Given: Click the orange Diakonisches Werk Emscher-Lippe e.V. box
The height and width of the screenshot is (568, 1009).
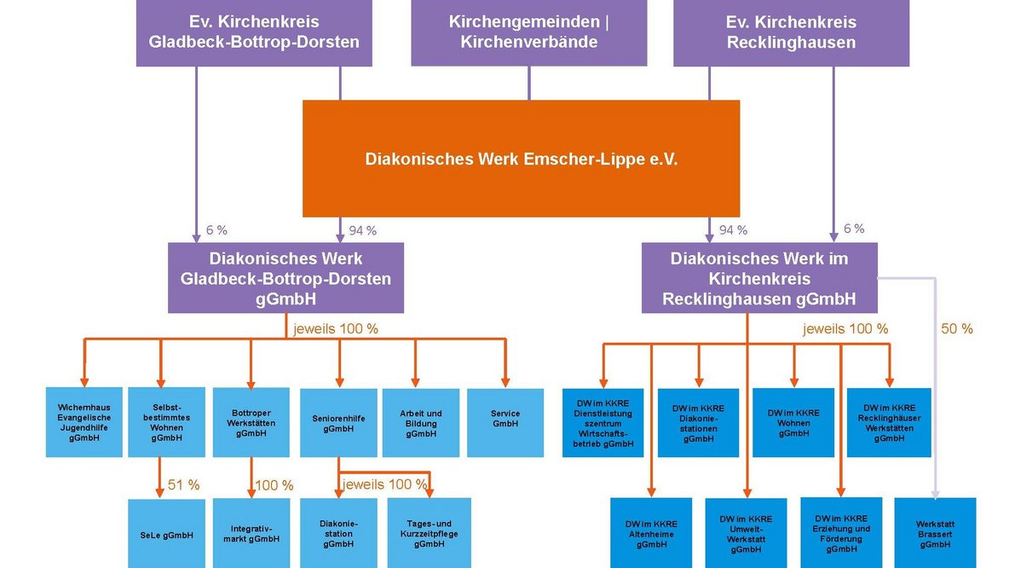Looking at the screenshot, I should coord(521,159).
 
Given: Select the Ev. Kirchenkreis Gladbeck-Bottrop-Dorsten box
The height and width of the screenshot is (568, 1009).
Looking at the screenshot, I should coord(254,32).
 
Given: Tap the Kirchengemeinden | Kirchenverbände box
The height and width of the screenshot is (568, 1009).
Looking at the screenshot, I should coord(528,32).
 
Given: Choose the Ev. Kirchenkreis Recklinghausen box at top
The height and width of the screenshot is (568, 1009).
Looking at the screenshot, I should coord(791,32).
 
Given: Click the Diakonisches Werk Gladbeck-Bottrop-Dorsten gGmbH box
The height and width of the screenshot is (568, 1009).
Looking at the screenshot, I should coord(285,278).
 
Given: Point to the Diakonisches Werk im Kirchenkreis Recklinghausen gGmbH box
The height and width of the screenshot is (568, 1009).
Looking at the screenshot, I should coord(758,278).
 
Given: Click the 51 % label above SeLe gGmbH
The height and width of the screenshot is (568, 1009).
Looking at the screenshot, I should coord(183,484).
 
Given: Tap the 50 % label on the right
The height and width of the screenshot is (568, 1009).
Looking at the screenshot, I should coord(956,328).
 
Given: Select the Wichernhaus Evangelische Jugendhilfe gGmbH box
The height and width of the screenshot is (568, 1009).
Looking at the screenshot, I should coord(84,423).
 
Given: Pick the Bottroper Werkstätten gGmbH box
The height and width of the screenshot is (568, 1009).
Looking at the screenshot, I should coord(251,423).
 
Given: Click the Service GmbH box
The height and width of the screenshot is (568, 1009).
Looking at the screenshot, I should coord(505,423).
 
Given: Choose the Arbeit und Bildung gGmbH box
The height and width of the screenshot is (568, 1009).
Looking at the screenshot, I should coord(421,423).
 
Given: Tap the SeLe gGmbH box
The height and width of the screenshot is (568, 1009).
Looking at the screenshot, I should coord(166,534).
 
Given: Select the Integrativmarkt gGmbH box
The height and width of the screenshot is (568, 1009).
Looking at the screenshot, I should coord(251,534).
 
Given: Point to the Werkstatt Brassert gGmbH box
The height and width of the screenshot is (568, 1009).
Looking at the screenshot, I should coord(935,534).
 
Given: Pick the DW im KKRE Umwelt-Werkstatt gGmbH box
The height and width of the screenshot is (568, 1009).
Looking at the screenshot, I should coord(746,534).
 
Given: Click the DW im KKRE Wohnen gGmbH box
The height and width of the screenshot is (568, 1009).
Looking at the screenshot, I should coord(793,423).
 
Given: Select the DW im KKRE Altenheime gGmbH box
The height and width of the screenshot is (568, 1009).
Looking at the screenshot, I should coord(651,534).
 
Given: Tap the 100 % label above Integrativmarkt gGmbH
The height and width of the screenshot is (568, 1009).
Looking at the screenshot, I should coord(274,485).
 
